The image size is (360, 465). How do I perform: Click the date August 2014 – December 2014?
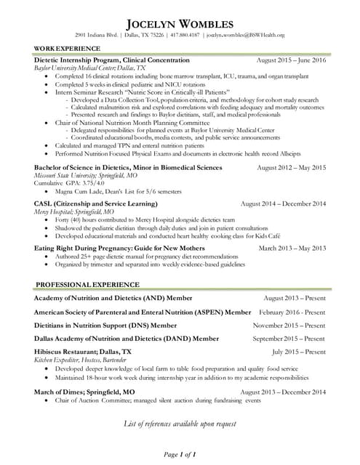click(x=283, y=204)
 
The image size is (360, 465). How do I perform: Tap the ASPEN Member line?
click(x=143, y=312)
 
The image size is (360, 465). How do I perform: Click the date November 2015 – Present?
click(x=289, y=325)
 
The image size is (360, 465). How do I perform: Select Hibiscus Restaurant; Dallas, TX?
click(x=83, y=352)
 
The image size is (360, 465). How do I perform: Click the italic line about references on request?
click(x=180, y=423)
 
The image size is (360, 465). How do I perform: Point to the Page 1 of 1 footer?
click(x=180, y=454)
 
